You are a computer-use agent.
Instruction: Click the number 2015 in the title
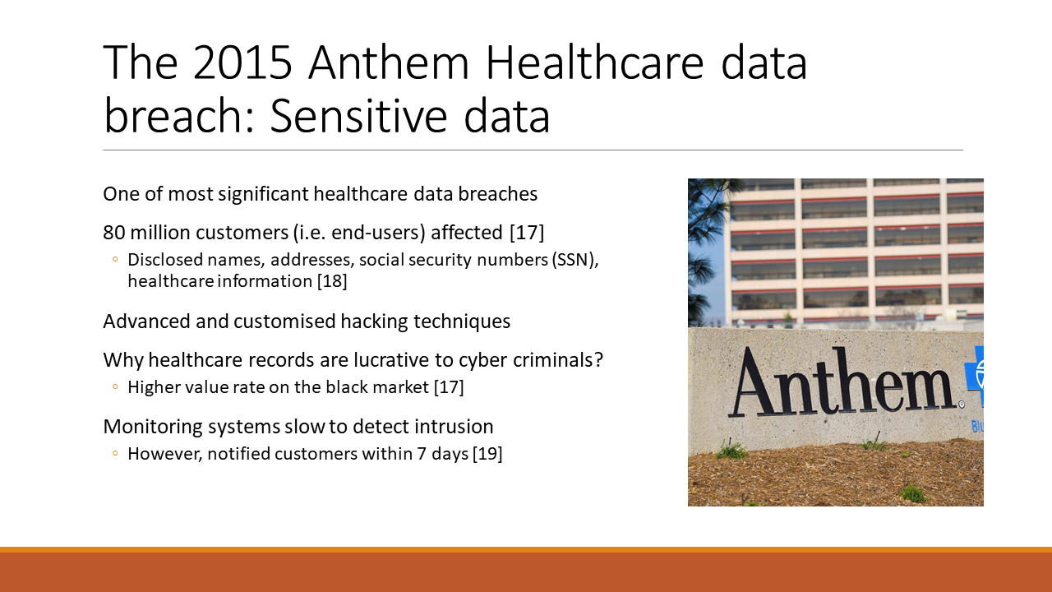point(242,62)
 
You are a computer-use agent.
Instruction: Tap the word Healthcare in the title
point(595,62)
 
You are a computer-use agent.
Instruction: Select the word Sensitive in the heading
point(358,116)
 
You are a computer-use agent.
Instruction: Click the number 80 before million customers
point(114,233)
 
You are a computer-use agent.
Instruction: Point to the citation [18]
point(332,281)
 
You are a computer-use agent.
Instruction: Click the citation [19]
point(487,454)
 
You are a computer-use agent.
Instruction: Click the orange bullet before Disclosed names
point(115,259)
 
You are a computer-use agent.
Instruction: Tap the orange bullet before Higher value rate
point(115,386)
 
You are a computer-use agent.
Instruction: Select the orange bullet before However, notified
point(115,453)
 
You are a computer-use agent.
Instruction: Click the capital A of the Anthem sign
point(757,383)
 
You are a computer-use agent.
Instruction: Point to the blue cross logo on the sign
point(975,376)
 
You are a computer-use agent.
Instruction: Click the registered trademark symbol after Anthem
point(961,404)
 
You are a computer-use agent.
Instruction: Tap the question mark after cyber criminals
point(598,360)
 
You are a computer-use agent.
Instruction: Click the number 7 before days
point(422,454)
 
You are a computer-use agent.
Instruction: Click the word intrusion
point(454,427)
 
